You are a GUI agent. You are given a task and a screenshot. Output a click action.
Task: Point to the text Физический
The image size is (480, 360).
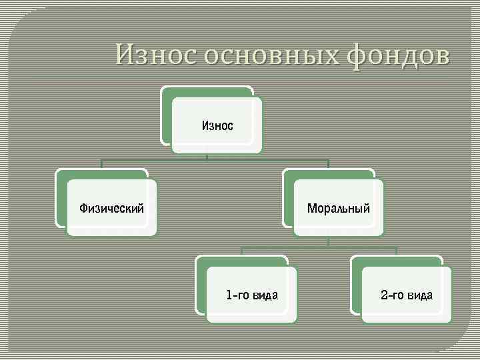coord(112,208)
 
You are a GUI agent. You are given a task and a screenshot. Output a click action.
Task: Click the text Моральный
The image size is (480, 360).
coord(338,208)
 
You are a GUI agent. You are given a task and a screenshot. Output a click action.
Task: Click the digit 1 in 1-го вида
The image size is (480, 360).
coord(229,295)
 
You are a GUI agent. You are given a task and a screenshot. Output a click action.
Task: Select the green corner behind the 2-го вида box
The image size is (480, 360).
coord(356,263)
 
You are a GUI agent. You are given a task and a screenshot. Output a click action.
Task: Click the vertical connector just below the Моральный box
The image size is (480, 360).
coord(328,241)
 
